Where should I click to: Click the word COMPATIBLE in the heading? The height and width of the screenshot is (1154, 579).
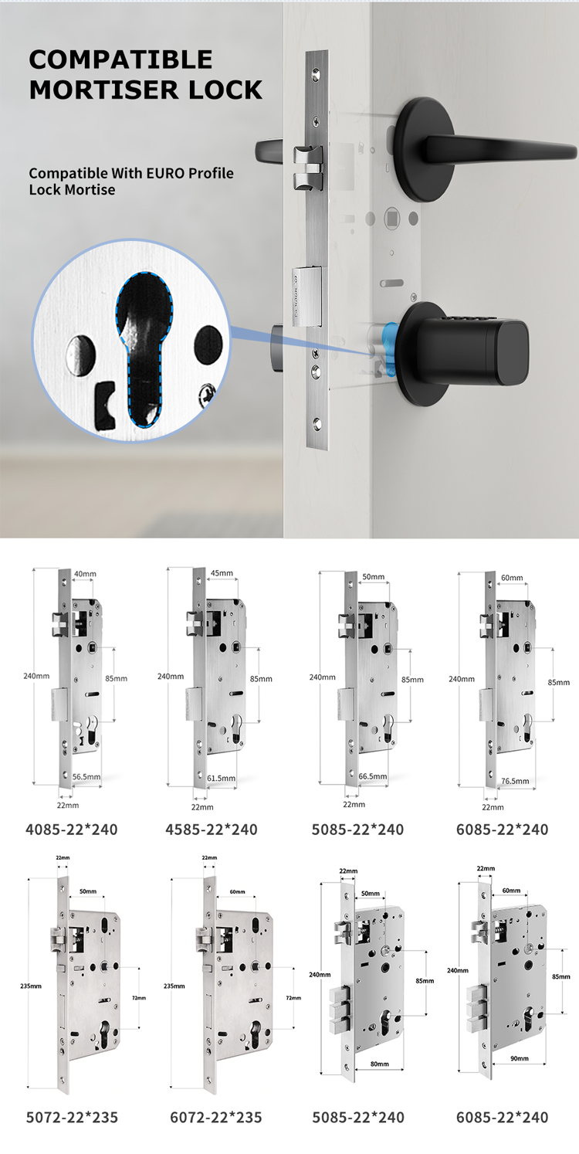pos(120,59)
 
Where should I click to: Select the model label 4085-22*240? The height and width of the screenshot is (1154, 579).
pos(72,830)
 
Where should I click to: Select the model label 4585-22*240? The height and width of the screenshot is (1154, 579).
pos(212,830)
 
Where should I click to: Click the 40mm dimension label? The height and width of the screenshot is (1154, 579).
pos(85,574)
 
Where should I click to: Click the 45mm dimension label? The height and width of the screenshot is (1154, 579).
pos(222,573)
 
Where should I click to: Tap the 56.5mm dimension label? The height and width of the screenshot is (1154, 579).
pos(86,777)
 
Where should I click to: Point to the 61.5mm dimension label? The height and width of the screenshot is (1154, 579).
pos(221,779)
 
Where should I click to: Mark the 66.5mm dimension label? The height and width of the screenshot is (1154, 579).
pos(372,776)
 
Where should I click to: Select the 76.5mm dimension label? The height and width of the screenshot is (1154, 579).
pos(515,781)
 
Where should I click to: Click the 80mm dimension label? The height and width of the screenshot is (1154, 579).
pos(380,1064)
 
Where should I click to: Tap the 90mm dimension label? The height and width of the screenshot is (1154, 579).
pos(520,1059)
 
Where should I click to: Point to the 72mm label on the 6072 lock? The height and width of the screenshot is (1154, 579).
pos(293,998)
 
